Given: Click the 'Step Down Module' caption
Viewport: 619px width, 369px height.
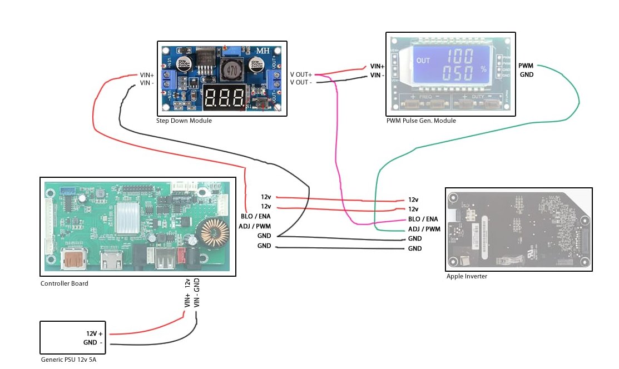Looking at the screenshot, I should (x=184, y=121).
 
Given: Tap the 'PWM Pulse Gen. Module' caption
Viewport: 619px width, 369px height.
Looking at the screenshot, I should (x=421, y=121).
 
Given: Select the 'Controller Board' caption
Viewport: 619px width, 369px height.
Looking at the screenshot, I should (x=65, y=283).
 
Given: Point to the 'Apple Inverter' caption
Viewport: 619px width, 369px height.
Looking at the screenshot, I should (x=467, y=276).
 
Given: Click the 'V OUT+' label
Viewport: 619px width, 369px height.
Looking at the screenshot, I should (x=301, y=74).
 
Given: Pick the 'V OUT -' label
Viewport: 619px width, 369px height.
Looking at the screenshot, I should (x=301, y=82).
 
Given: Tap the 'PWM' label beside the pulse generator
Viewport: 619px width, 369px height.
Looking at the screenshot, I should (x=526, y=66).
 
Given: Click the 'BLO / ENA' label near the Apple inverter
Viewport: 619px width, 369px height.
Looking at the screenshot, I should (x=423, y=219).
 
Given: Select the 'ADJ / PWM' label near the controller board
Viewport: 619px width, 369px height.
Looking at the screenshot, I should (x=255, y=226).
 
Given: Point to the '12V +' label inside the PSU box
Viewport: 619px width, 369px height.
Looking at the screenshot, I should (x=94, y=333).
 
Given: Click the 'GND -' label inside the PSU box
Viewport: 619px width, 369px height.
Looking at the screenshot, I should (x=94, y=342).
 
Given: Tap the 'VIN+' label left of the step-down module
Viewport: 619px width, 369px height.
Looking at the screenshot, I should (x=147, y=75).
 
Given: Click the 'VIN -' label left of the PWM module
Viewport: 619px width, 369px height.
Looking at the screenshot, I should (x=377, y=75).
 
